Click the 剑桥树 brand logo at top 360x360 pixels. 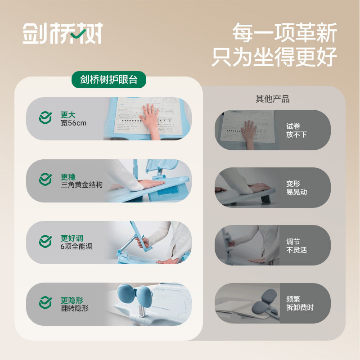(x=63, y=34)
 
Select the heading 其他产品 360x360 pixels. (x=273, y=99)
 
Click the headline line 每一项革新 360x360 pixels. (x=284, y=34)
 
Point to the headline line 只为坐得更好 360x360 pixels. (x=274, y=57)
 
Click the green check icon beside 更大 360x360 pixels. (x=45, y=119)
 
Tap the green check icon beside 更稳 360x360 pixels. (x=45, y=180)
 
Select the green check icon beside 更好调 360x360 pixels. (x=45, y=242)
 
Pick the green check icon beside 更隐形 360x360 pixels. (x=45, y=303)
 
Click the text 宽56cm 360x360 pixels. (x=73, y=123)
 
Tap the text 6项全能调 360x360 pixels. (x=76, y=246)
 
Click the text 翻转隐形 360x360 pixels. (x=75, y=308)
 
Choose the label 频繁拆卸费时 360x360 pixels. (x=300, y=303)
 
